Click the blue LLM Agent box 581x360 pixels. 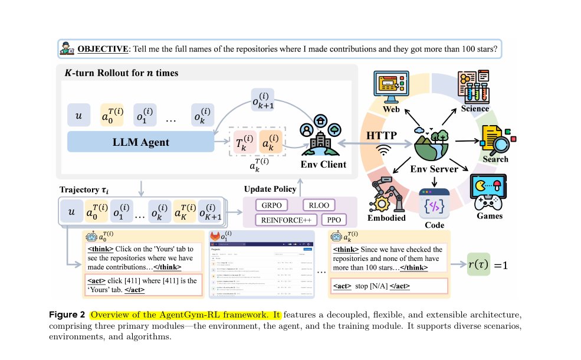coord(141,142)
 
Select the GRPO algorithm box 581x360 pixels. coord(273,205)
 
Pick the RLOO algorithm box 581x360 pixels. coord(319,205)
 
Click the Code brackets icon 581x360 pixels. coord(434,206)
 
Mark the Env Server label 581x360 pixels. coord(434,169)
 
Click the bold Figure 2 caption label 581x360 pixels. coord(68,314)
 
